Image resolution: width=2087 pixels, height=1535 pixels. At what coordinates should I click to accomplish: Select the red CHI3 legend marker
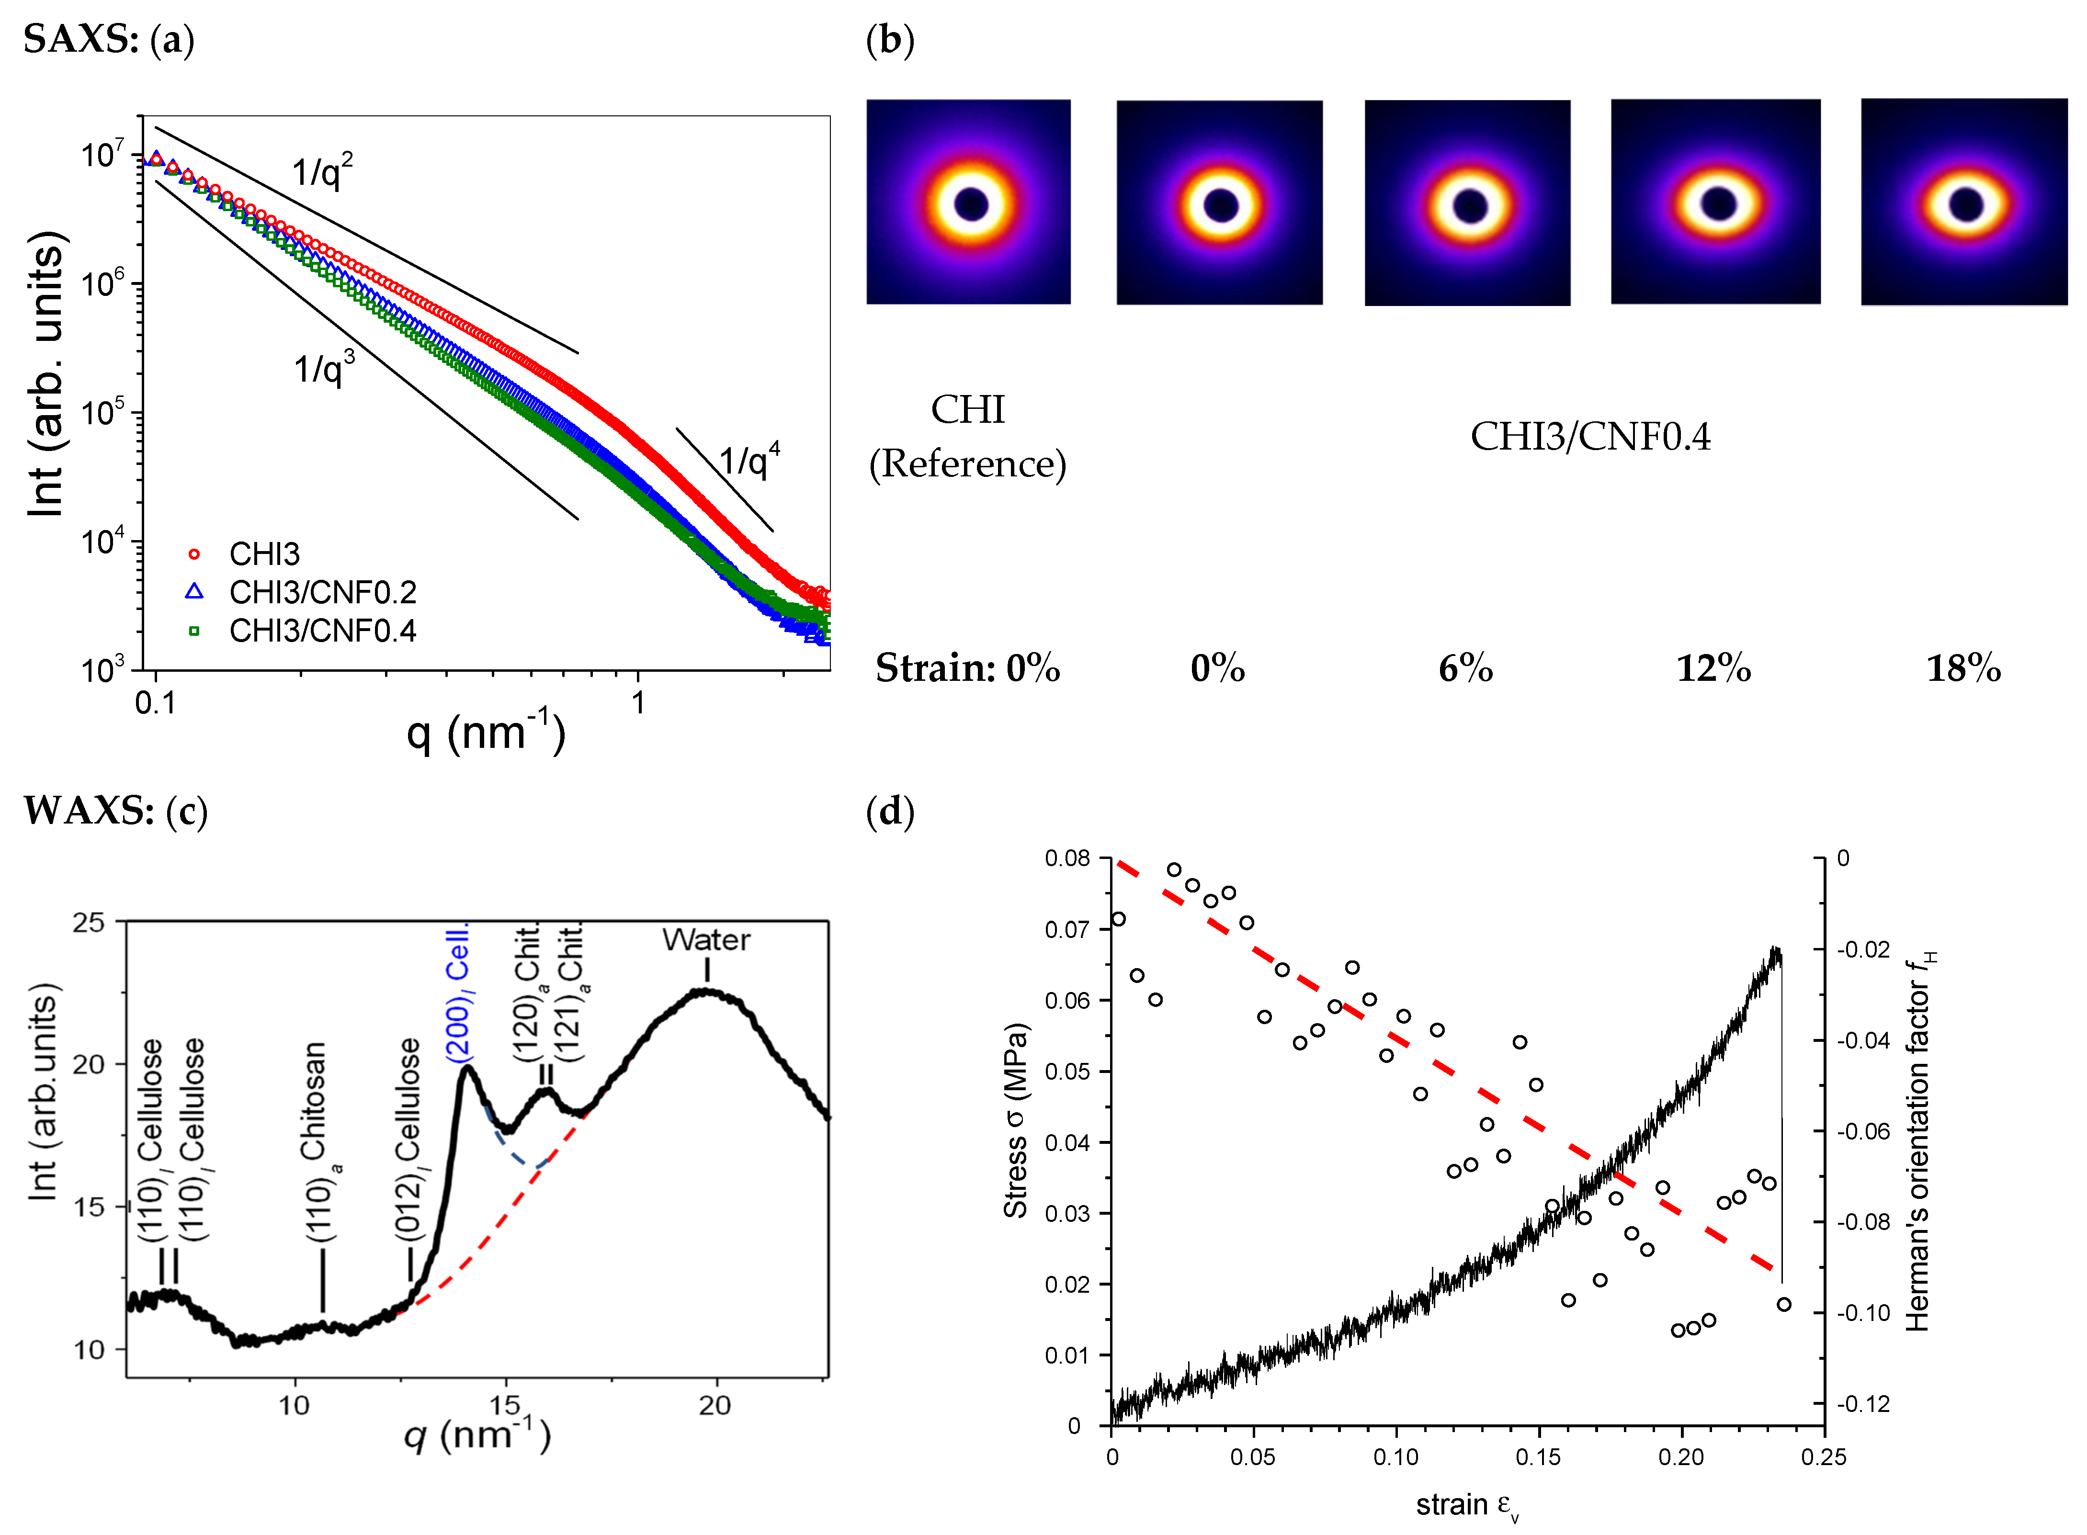(x=194, y=554)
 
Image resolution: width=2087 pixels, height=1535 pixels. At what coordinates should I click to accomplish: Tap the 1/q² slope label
(x=321, y=172)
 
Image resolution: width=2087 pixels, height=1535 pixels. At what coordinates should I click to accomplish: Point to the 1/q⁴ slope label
(x=749, y=460)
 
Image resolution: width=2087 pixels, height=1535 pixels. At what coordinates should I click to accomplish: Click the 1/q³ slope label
(x=323, y=368)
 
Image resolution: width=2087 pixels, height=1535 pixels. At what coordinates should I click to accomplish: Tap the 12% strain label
(x=1713, y=668)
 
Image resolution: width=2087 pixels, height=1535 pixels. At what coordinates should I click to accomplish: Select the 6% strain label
(x=1465, y=668)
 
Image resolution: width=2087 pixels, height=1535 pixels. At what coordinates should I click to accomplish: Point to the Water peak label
(x=706, y=939)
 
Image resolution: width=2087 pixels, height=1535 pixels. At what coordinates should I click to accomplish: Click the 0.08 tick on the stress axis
(x=1067, y=858)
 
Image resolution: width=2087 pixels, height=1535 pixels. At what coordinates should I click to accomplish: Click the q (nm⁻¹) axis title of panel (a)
(x=485, y=732)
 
